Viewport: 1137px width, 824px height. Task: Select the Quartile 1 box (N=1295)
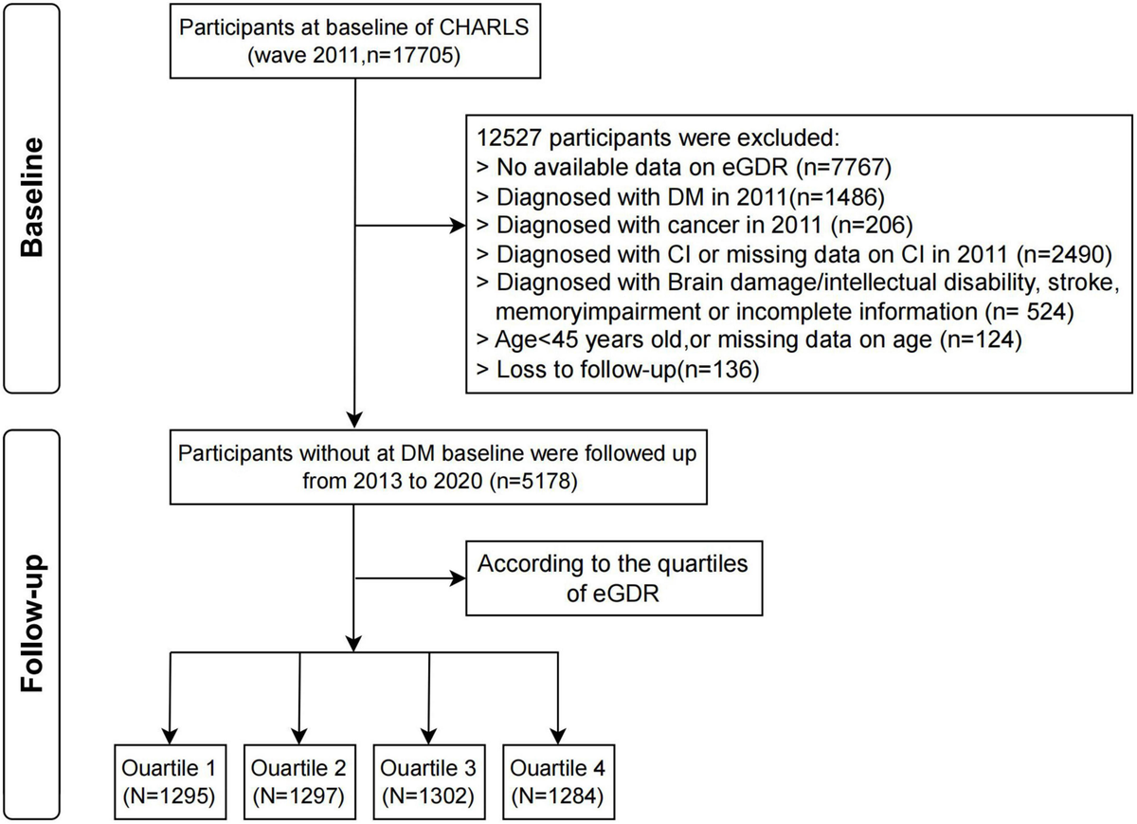click(171, 778)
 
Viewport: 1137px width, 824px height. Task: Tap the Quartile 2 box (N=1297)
click(300, 778)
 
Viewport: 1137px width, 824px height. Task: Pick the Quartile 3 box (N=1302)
click(429, 778)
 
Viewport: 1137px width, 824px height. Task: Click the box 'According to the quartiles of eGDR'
click(612, 577)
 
